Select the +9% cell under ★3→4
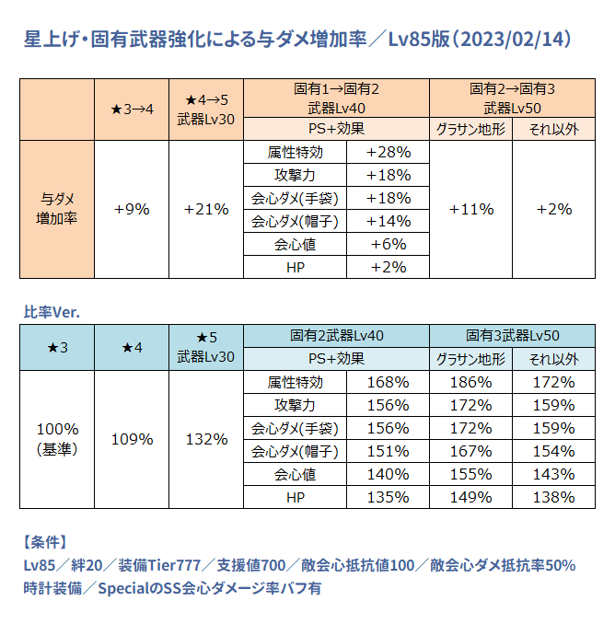132,209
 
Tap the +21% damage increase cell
206,209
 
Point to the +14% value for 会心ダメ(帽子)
388,221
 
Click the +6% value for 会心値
388,244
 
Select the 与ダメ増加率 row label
56,209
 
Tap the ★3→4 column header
132,106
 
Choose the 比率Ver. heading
52,312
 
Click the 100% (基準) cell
57,439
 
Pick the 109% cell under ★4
132,439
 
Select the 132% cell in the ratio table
206,439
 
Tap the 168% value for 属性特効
388,382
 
